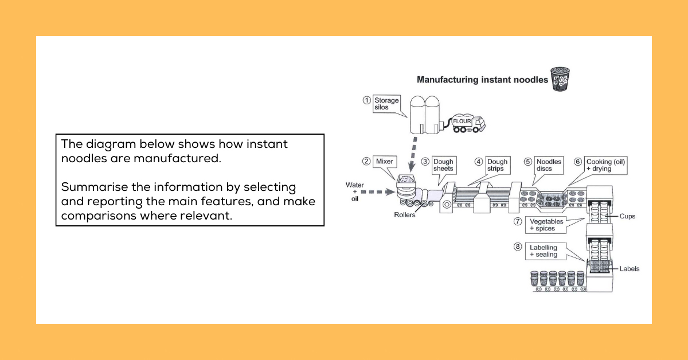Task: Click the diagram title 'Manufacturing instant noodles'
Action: (482, 80)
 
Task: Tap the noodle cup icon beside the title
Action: (560, 79)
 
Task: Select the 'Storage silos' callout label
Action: (386, 104)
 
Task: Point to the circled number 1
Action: (366, 100)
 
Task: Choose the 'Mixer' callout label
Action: (384, 162)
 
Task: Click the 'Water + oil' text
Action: (354, 191)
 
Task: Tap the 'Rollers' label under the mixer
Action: (405, 215)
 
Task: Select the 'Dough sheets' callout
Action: (443, 165)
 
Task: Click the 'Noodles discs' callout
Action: (549, 165)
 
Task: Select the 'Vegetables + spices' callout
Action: (546, 225)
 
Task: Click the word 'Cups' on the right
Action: (628, 217)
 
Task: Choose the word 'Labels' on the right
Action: (629, 268)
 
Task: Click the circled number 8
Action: (518, 247)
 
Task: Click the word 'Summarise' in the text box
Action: (89, 187)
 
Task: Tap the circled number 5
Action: (528, 162)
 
